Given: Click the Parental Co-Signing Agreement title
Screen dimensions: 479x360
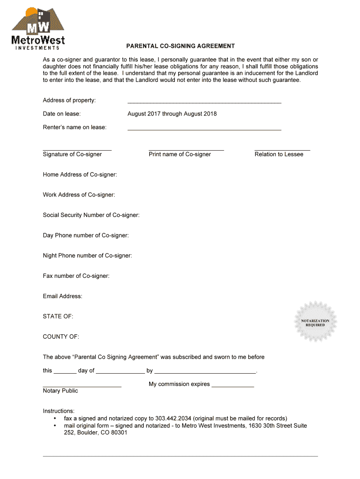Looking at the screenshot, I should tap(180, 46).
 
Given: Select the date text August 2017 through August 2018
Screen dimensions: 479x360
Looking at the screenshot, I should tap(172, 114).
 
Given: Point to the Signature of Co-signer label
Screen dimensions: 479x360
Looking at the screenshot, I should tap(72, 154).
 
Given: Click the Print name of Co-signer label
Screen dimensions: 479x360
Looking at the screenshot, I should tap(180, 154).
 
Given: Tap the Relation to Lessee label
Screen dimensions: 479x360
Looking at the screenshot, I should tap(279, 154).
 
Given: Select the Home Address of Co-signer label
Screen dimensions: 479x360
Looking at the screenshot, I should tap(80, 174).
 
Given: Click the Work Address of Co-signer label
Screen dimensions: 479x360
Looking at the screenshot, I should tap(79, 195).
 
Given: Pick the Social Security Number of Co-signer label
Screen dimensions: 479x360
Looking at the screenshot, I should tap(91, 215).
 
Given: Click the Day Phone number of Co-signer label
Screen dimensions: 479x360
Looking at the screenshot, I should tap(86, 235).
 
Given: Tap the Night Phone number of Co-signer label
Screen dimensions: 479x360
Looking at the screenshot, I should tap(87, 255).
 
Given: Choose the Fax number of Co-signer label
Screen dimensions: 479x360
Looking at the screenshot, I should tap(76, 276).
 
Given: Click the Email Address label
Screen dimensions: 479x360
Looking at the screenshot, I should tap(63, 296).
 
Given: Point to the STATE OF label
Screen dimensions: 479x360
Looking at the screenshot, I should tap(58, 317).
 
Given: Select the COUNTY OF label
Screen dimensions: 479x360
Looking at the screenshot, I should tap(61, 337).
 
